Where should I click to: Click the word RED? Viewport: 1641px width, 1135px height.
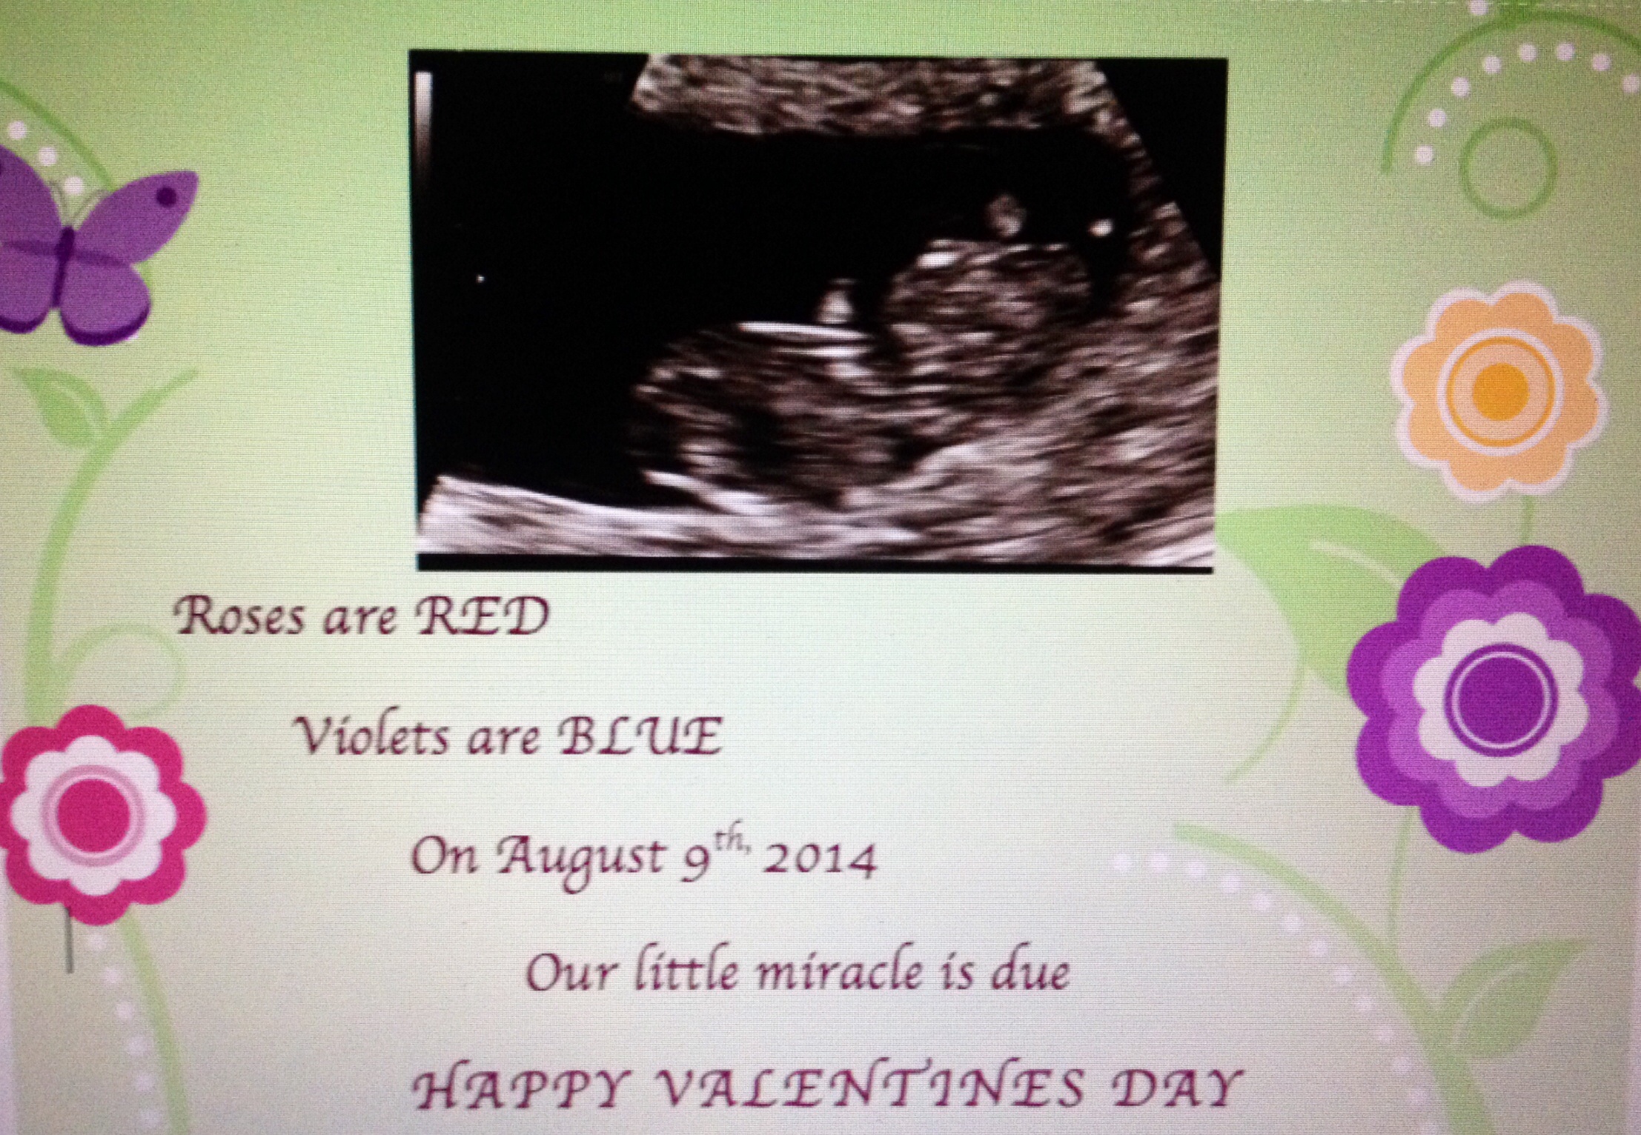(x=482, y=618)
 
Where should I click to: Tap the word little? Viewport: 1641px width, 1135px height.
(x=684, y=971)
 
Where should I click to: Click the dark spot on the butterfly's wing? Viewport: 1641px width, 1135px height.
(x=168, y=196)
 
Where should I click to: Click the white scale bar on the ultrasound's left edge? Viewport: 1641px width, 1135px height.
(x=423, y=126)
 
